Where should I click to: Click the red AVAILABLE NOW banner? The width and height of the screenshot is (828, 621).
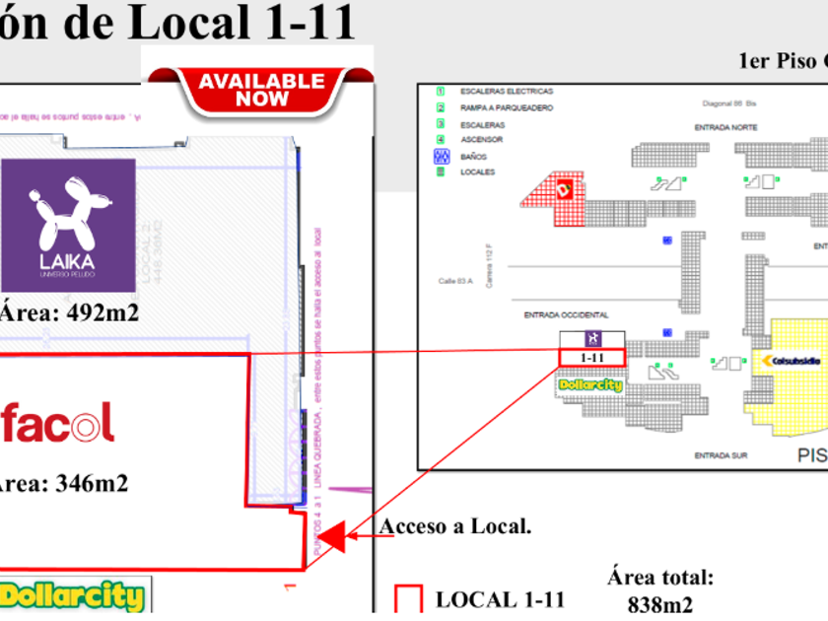click(x=261, y=89)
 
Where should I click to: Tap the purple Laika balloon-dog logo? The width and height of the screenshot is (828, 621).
click(x=67, y=225)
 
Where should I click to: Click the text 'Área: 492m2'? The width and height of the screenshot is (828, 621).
click(x=69, y=312)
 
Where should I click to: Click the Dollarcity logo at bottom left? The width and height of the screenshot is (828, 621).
click(x=74, y=596)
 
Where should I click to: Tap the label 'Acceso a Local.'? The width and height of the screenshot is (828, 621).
click(x=455, y=526)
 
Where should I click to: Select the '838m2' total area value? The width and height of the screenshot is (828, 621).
click(x=659, y=603)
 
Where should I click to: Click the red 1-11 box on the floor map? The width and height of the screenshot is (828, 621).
click(x=591, y=358)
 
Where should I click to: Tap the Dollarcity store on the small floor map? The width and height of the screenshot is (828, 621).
click(x=590, y=385)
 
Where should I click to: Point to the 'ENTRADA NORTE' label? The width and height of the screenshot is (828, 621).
click(x=725, y=128)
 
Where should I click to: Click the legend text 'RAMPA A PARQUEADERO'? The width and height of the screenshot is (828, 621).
click(x=507, y=107)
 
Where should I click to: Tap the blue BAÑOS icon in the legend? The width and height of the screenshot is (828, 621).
click(x=442, y=156)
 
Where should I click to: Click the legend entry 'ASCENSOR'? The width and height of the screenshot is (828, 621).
click(x=482, y=140)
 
